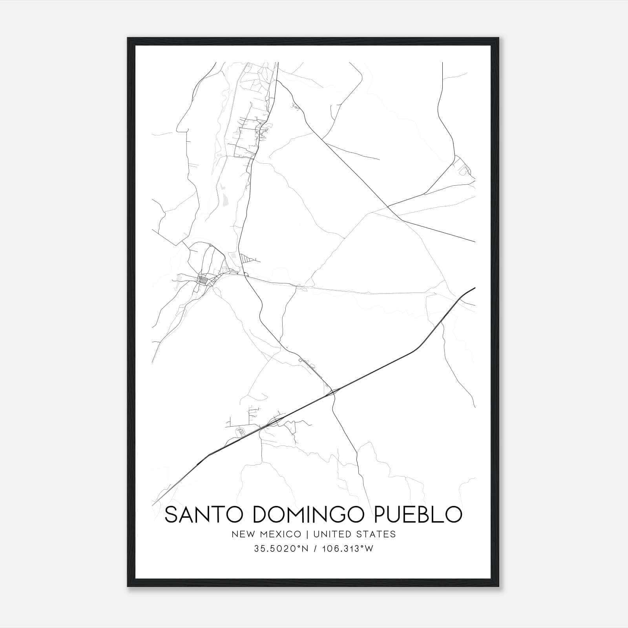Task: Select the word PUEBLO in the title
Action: (x=418, y=515)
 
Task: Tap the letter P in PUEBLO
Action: (x=381, y=515)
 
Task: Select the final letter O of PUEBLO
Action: (x=453, y=515)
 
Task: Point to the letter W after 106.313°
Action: (x=369, y=549)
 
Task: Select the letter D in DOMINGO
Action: (x=261, y=515)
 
